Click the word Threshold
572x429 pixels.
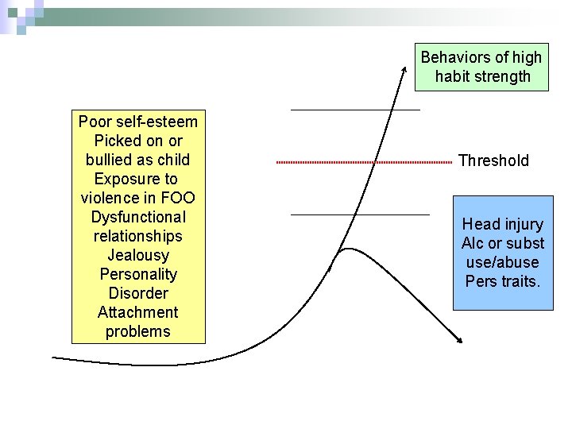(x=493, y=160)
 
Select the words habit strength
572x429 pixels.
(x=483, y=77)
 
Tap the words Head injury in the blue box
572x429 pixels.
(x=503, y=224)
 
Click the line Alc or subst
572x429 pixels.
(x=503, y=243)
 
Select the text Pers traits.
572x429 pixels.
(x=503, y=281)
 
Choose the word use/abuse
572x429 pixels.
(x=503, y=262)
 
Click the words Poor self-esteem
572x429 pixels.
(x=138, y=122)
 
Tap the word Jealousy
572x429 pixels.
(x=138, y=255)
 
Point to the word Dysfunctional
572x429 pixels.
(x=138, y=217)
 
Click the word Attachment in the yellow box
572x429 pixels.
(x=138, y=312)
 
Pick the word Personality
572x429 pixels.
(x=138, y=274)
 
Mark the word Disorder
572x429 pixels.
(x=138, y=293)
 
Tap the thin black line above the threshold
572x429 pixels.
(x=355, y=110)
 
